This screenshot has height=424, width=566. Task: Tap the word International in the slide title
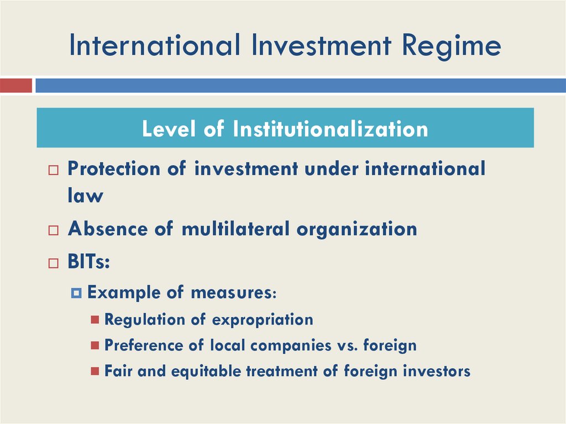click(x=155, y=46)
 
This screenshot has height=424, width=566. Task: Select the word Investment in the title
click(x=311, y=46)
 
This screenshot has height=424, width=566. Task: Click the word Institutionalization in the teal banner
click(x=331, y=129)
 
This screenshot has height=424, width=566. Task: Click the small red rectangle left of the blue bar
click(x=16, y=86)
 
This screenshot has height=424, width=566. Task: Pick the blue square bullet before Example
click(x=77, y=292)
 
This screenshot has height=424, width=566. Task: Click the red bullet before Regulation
click(x=95, y=320)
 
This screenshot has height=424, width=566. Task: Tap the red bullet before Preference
click(x=95, y=346)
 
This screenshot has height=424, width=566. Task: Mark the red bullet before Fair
click(x=95, y=371)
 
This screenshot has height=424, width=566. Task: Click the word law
click(x=85, y=196)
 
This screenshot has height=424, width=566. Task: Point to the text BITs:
click(x=88, y=261)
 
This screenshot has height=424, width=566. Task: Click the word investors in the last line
click(x=437, y=371)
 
